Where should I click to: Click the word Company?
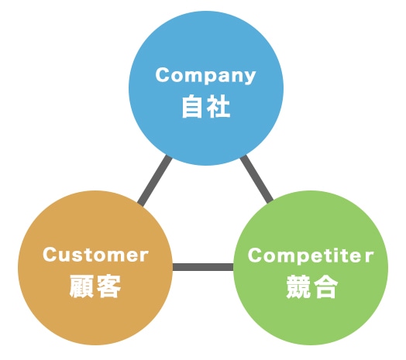[205, 75]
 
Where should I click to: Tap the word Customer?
[95, 255]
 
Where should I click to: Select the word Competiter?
[311, 255]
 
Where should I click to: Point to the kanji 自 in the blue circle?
[192, 106]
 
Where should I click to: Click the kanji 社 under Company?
[218, 106]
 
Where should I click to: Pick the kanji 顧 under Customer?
[81, 286]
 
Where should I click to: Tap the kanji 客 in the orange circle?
[108, 286]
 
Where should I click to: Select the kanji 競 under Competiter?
[298, 286]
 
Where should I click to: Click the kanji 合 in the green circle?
[325, 286]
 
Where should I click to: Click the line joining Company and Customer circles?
[155, 180]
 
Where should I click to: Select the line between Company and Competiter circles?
[256, 179]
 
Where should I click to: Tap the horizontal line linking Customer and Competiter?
[203, 267]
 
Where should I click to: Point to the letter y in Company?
[249, 77]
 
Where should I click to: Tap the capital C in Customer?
[50, 255]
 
